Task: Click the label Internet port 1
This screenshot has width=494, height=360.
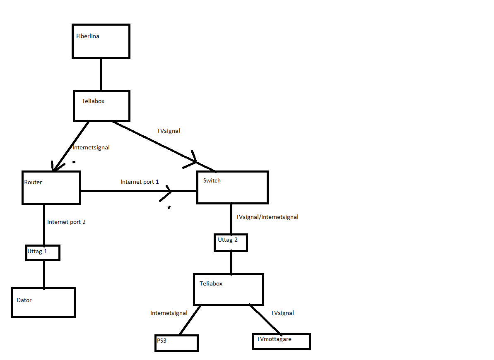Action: tap(140, 182)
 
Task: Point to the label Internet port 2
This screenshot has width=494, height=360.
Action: tap(67, 222)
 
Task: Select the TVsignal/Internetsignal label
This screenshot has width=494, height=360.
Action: tap(267, 217)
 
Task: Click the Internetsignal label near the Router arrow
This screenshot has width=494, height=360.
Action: tap(91, 147)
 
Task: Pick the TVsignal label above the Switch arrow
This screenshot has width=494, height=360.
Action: tap(169, 131)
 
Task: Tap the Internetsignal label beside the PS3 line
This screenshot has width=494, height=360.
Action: tap(169, 313)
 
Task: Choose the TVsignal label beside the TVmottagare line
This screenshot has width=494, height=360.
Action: tap(282, 313)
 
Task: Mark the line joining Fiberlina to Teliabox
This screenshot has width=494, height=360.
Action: tap(101, 74)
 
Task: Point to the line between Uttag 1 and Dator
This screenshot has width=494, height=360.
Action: tap(44, 274)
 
